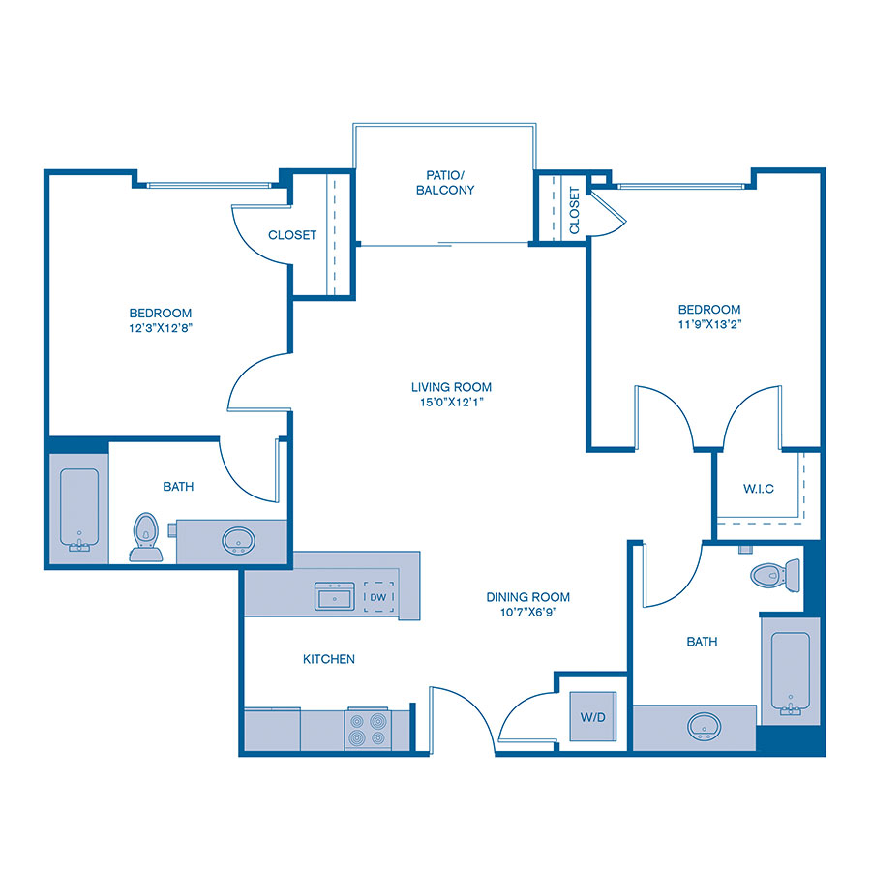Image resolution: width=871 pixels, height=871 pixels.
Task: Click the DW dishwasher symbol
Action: [378, 597]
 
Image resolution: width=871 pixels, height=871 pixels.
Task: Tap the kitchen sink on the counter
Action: [334, 595]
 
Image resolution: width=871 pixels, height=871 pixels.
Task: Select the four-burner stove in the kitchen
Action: [368, 728]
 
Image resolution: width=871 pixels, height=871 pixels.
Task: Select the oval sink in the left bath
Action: [236, 540]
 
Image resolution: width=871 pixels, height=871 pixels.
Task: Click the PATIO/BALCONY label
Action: [445, 183]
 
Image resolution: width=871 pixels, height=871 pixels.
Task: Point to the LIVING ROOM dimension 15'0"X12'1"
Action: [445, 402]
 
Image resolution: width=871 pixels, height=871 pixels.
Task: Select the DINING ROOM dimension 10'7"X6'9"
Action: [527, 612]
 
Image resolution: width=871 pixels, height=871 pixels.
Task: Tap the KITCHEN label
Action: [329, 659]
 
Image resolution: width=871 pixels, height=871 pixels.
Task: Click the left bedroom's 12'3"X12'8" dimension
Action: [161, 327]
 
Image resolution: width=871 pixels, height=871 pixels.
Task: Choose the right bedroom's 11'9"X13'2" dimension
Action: [709, 324]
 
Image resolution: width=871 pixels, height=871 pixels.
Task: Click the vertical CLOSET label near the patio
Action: [575, 210]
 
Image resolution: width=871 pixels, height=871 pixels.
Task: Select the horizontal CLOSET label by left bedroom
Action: [292, 235]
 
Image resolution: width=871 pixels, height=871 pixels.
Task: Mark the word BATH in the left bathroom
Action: [178, 486]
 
